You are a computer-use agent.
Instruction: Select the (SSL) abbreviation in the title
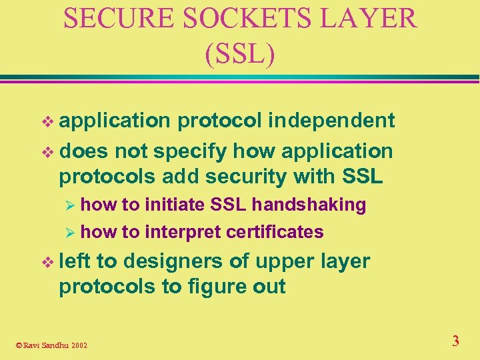coord(240,53)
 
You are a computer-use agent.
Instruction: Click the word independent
coord(331,121)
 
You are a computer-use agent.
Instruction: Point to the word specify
coord(191,151)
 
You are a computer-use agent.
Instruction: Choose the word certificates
coord(275,232)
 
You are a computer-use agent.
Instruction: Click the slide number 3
coord(455,341)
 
